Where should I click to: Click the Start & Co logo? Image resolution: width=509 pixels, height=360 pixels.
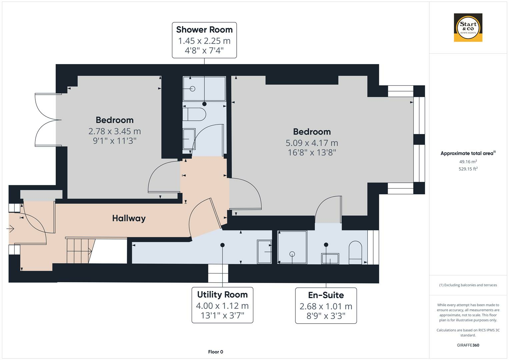tap(468, 28)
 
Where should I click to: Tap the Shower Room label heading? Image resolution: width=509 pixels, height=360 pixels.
tap(204, 30)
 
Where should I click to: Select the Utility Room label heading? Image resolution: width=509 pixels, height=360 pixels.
tap(222, 295)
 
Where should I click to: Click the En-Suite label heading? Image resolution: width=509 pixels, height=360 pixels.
tap(326, 295)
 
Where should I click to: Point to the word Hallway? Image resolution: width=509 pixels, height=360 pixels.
tap(129, 218)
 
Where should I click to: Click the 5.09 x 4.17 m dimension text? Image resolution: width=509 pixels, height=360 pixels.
tap(312, 143)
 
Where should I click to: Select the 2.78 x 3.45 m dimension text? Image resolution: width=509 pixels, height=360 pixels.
tap(115, 131)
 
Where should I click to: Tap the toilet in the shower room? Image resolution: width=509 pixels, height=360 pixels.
tap(195, 114)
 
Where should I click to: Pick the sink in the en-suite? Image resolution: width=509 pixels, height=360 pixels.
tap(330, 259)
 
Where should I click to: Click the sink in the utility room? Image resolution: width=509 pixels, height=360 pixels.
tap(264, 252)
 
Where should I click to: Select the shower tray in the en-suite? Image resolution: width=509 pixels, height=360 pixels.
tap(292, 247)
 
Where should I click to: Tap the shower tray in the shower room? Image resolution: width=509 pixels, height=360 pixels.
tap(204, 89)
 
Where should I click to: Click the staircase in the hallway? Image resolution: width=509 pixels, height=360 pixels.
tap(79, 251)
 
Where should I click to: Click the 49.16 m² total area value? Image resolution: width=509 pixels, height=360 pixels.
tap(468, 162)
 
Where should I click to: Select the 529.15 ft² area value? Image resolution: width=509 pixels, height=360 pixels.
tap(468, 169)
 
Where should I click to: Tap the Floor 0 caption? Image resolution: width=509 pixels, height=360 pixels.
tap(215, 352)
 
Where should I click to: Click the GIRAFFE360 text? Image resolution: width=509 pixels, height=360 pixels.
tap(468, 345)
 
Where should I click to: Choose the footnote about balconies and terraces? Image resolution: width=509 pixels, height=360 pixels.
tap(468, 285)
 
